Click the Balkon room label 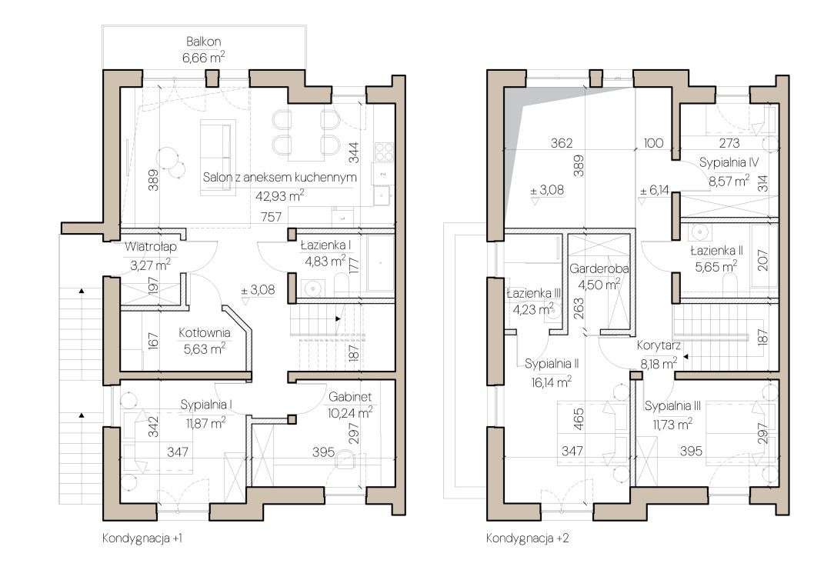point(203,41)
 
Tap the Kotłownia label point(205,333)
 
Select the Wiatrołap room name point(151,247)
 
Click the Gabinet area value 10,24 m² point(350,413)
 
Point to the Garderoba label point(599,269)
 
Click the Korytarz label point(659,345)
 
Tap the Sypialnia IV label point(729,162)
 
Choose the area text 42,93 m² point(279,195)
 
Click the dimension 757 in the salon point(271,217)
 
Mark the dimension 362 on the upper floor point(561,143)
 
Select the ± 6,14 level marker point(655,191)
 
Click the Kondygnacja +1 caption point(142,538)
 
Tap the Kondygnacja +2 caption point(528,538)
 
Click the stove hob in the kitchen point(384,152)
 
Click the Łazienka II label point(716,251)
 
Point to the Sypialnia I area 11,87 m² point(205,422)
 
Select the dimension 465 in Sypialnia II point(579,419)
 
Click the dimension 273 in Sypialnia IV point(729,143)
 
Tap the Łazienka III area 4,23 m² point(532,310)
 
